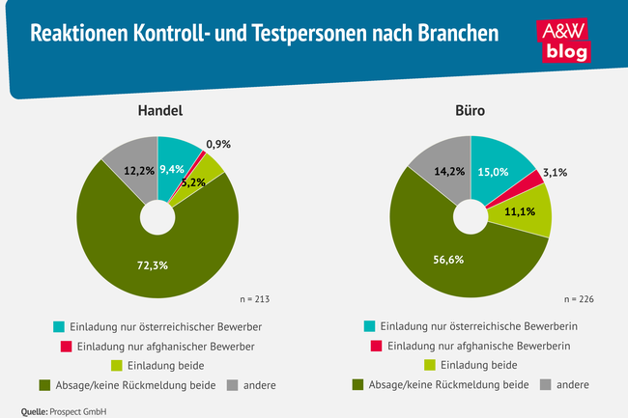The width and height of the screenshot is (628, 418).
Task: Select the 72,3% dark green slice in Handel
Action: (145, 262)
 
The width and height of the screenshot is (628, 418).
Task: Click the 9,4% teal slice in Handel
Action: (176, 170)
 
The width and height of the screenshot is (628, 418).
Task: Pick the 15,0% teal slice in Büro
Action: (502, 173)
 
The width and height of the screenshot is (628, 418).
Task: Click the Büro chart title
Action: (471, 111)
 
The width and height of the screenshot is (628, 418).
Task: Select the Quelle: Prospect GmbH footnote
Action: (64, 409)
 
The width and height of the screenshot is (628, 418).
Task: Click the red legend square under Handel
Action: (67, 346)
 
